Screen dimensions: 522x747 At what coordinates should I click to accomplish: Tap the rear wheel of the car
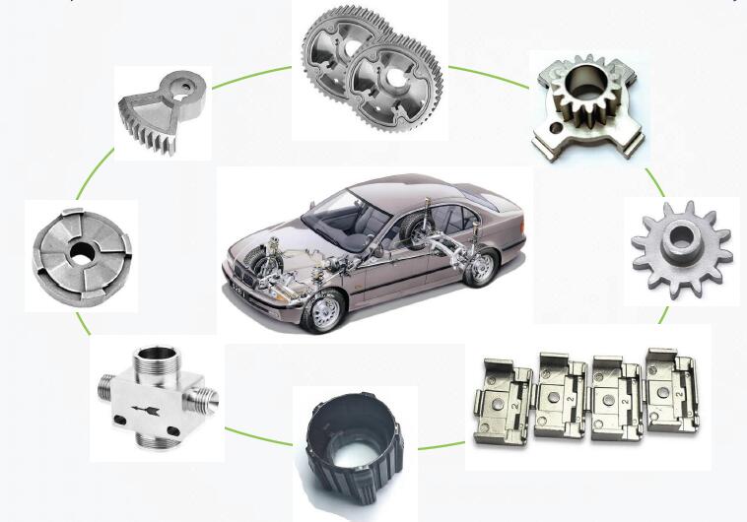click(480, 267)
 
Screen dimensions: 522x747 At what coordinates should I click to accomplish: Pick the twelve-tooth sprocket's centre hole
click(680, 240)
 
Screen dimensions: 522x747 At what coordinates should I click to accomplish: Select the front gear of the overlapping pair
click(394, 84)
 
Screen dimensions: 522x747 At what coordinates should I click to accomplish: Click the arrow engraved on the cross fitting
click(148, 403)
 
